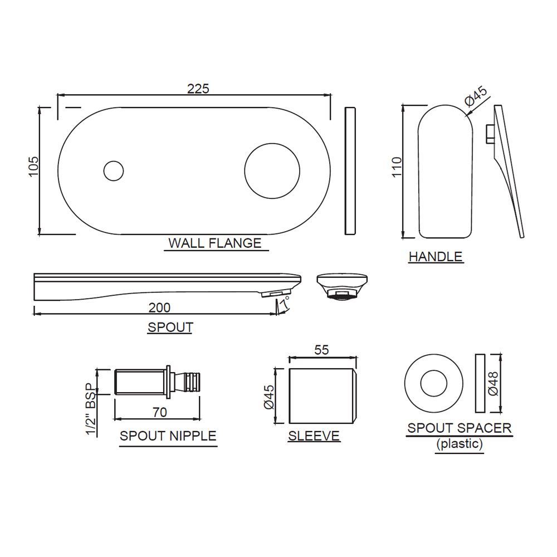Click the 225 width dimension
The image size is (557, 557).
point(198,89)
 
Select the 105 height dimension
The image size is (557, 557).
point(33,165)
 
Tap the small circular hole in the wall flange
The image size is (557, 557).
point(114,170)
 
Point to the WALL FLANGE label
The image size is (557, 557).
point(214,243)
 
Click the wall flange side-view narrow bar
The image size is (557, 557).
point(350,170)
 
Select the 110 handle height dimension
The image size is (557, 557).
point(397,167)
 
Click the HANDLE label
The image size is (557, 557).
point(435,257)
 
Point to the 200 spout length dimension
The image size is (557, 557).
point(159,307)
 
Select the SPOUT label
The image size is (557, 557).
point(170,328)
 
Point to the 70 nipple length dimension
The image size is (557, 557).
point(159,413)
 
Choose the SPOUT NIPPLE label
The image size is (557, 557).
point(168,436)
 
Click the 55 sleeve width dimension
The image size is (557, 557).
point(322,350)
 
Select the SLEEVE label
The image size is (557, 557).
point(314,436)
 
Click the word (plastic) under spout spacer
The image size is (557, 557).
point(460,444)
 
